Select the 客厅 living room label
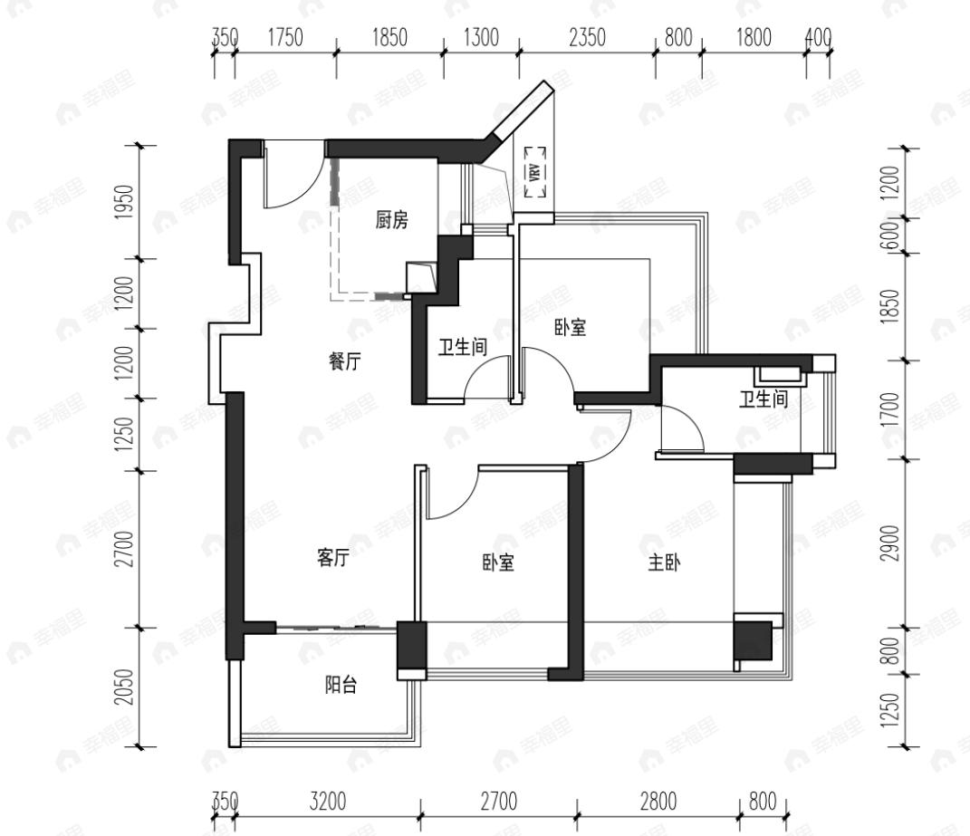332,559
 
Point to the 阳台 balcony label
341,686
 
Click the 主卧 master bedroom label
664,562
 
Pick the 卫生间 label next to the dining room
464,347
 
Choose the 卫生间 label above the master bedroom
764,399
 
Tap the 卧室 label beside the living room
498,563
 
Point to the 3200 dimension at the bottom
327,802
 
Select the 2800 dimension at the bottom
658,802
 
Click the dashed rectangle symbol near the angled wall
534,172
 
